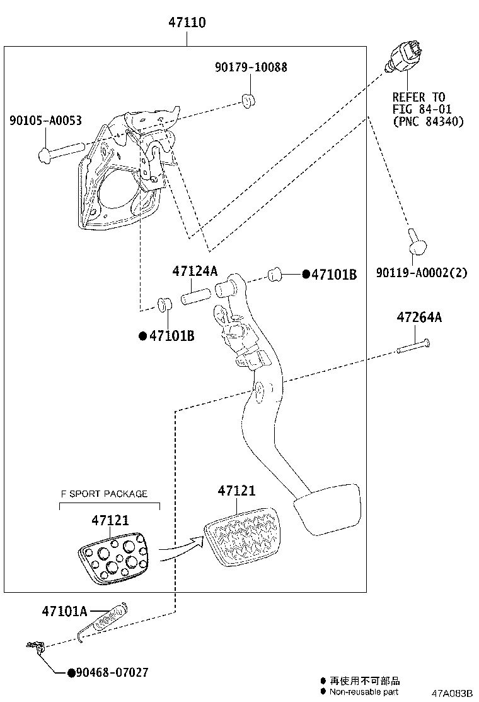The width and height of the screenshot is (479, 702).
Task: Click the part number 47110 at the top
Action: click(187, 23)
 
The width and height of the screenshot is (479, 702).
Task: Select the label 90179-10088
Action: click(250, 67)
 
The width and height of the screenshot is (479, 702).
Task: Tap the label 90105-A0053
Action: click(45, 121)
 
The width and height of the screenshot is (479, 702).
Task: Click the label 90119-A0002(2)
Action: click(422, 273)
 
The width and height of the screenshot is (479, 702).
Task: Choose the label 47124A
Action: click(195, 271)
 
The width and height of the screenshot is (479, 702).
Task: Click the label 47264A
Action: click(419, 318)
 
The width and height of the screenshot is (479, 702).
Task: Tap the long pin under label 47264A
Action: click(413, 345)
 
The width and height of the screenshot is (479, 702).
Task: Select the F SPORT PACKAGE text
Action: click(104, 494)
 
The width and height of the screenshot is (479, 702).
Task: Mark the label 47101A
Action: click(64, 610)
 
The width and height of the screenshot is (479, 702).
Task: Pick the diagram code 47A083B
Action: click(451, 693)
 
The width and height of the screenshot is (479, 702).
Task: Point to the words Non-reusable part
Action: click(364, 692)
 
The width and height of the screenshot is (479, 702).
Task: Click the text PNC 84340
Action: click(428, 121)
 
